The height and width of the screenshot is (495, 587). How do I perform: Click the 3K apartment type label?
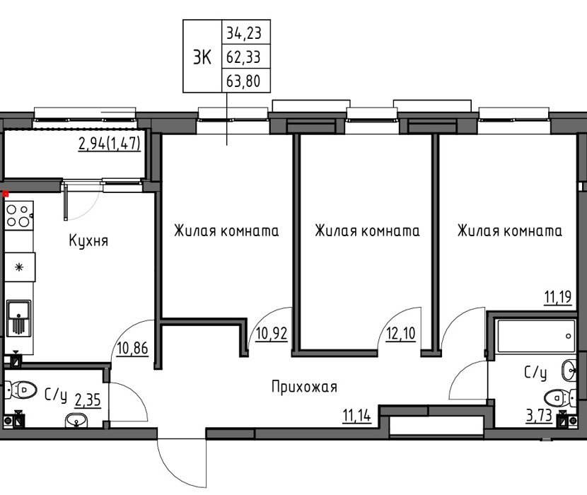(202, 57)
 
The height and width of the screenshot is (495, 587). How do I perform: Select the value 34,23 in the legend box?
(243, 33)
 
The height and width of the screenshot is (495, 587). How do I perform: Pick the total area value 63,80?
(243, 81)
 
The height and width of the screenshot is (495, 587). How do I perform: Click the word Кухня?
(88, 240)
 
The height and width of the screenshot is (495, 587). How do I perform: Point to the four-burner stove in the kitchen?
(18, 216)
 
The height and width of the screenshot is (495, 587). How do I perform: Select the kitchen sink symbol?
(18, 317)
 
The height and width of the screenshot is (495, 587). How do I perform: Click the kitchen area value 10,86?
(132, 348)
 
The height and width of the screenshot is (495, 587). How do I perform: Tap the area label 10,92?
(272, 333)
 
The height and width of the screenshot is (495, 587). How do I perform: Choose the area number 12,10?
(400, 333)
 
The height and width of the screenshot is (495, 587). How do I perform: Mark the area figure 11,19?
(558, 297)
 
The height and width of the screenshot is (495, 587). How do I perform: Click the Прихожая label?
(304, 387)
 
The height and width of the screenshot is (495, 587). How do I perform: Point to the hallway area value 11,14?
(356, 415)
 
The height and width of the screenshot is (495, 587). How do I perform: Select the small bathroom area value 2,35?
(88, 400)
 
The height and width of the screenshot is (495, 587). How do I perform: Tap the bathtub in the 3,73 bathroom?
(535, 336)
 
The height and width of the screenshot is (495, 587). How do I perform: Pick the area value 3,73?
(539, 416)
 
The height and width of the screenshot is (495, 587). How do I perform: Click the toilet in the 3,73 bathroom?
(560, 397)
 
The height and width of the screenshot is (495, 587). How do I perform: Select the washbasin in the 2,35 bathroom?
(76, 420)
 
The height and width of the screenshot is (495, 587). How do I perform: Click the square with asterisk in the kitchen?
(20, 267)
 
